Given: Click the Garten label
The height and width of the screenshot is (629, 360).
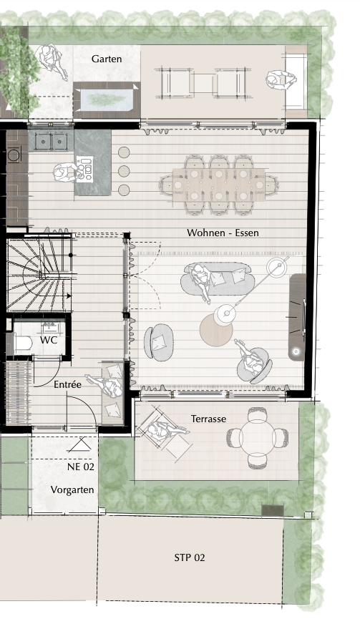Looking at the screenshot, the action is [107, 59].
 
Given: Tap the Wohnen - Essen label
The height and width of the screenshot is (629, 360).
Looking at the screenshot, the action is [223, 233].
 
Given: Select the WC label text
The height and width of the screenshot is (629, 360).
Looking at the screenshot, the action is [49, 340].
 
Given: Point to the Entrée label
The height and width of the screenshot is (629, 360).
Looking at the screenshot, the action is [67, 384].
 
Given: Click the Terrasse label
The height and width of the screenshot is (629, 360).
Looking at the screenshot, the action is [208, 419].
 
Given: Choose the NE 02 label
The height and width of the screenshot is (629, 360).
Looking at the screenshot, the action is [81, 467].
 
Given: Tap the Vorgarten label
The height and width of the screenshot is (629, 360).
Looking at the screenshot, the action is [72, 489].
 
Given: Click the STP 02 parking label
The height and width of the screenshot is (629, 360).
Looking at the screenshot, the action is [190, 557].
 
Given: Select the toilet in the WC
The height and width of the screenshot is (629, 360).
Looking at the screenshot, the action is [24, 343].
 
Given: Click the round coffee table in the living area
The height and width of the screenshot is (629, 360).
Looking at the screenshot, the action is [216, 330].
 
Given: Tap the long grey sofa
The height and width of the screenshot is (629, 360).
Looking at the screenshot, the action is [218, 278].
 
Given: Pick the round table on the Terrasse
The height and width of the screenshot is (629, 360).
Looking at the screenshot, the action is [257, 438].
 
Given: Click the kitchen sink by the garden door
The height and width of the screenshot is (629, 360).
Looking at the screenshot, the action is [51, 141].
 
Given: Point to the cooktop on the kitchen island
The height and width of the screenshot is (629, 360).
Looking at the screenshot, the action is [84, 170].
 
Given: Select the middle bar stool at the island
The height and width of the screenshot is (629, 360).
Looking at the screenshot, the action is [124, 171].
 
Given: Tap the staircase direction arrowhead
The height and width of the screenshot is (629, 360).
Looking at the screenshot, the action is [69, 296].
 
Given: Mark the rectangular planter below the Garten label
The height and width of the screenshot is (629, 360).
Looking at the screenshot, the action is [107, 100].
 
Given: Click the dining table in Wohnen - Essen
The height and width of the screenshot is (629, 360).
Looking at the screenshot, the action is [219, 185].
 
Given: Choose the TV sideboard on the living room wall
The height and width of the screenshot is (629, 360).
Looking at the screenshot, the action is [298, 317].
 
